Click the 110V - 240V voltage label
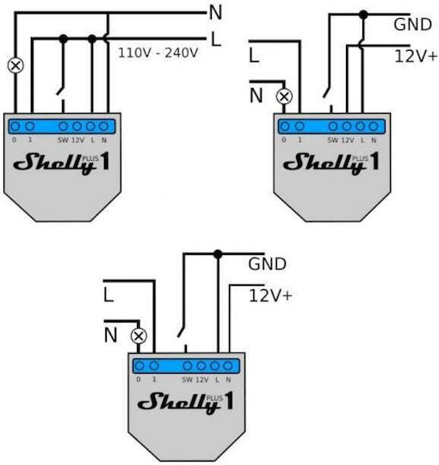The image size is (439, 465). pos(158,53)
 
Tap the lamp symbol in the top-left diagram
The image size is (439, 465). pos(15,65)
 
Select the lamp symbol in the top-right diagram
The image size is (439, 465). pos(284,96)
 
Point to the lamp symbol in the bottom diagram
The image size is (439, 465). pos(139,337)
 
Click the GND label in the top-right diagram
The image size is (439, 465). pos(412,25)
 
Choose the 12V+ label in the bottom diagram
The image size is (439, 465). pos(270,295)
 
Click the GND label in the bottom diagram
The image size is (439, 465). pos(268,264)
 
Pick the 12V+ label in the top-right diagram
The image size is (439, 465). pos(416,56)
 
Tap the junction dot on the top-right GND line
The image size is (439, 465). pos(363,15)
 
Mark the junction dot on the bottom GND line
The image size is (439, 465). pos(218,254)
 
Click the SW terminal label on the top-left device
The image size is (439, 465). pos(63,140)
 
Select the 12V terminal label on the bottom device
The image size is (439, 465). pos(202,380)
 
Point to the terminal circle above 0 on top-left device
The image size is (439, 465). pos(15,127)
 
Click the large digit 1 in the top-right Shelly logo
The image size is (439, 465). pos(374,161)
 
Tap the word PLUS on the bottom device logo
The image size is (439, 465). pos(214,398)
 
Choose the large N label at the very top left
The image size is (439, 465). pos(215,13)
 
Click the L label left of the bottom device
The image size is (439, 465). pos(108,295)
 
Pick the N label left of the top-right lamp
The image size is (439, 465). pos(257,96)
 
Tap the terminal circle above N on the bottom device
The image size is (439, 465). pos(227,366)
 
